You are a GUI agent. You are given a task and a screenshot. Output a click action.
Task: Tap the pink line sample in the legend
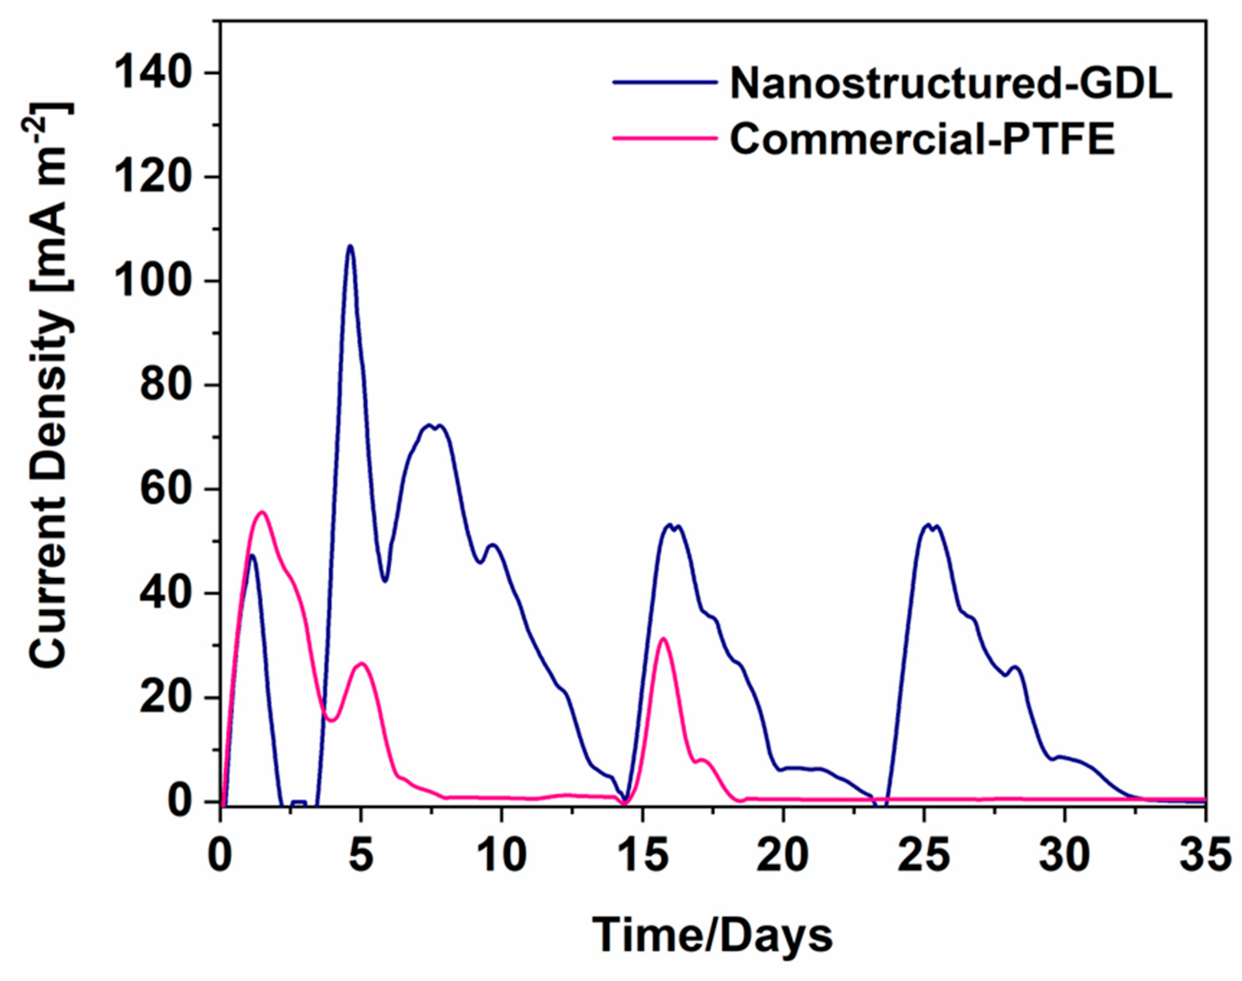[665, 138]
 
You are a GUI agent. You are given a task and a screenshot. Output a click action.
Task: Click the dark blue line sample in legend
[665, 82]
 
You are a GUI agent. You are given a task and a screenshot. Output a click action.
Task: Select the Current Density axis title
[50, 385]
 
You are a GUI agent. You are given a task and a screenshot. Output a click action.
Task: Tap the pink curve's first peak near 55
[262, 512]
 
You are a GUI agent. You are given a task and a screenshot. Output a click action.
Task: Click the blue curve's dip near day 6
[385, 581]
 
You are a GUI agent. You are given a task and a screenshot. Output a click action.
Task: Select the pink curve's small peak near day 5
[361, 663]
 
